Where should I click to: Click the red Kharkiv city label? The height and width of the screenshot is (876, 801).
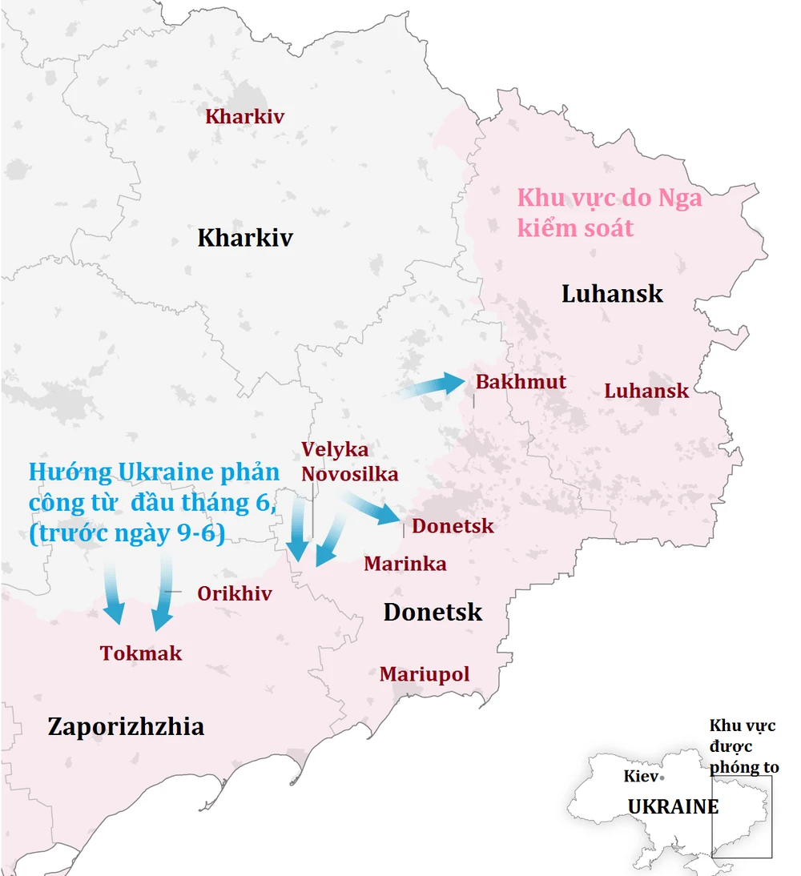[x=244, y=117]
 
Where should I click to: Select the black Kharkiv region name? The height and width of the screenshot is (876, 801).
[x=245, y=238]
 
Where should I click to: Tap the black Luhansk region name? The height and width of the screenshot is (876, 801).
[x=612, y=293]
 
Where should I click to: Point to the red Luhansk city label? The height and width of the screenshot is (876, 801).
[x=646, y=391]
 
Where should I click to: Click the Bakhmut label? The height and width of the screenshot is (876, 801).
[x=521, y=382]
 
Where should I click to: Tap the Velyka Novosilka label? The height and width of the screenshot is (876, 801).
[x=349, y=462]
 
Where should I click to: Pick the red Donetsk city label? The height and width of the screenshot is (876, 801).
[x=453, y=526]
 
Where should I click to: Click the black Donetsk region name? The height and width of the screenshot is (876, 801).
[x=433, y=613]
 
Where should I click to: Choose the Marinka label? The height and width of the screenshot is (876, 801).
[x=405, y=564]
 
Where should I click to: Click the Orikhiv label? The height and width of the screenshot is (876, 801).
[x=234, y=594]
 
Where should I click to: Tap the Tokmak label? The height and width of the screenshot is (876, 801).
[x=141, y=653]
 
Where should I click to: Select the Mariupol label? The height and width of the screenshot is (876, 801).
[x=424, y=674]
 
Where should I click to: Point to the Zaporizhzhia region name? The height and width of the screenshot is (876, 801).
[x=126, y=727]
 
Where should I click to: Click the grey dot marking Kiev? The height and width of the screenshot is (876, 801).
[x=662, y=778]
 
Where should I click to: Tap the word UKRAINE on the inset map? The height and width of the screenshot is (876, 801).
[x=673, y=807]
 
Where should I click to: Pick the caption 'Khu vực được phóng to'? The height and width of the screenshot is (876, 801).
[x=743, y=746]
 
